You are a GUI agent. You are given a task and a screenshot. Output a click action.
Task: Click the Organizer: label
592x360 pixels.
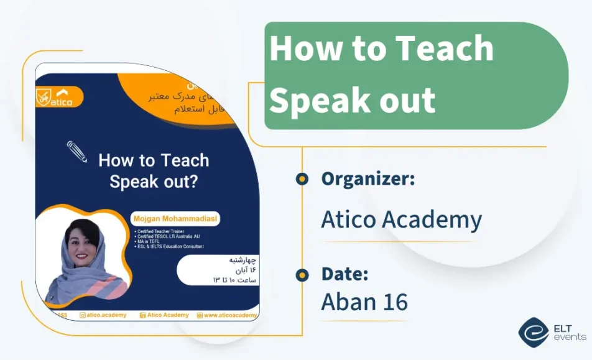pos(368,179)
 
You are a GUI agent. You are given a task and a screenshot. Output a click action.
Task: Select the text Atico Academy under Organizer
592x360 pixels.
pos(401,219)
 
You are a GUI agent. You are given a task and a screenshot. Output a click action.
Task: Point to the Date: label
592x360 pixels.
pos(345,274)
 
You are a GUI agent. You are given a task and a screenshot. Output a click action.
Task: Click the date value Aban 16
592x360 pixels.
pos(364,302)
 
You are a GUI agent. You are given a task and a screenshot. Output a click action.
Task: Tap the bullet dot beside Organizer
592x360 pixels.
pos(302,179)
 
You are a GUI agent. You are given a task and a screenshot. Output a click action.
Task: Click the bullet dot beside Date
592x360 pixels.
pos(302,274)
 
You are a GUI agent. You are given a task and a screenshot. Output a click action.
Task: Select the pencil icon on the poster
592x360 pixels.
pos(77,152)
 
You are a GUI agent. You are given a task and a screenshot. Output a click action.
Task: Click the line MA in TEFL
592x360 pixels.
pos(150,242)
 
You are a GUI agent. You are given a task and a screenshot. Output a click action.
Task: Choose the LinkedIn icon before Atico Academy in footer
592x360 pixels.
pos(143,315)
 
